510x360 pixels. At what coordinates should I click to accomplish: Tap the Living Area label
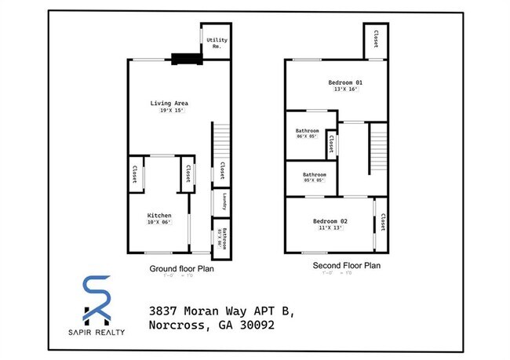(x=169, y=103)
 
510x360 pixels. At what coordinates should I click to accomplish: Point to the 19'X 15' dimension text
(x=169, y=111)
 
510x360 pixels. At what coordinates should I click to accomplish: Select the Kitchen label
(x=159, y=216)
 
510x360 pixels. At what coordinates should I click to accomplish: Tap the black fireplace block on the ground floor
(x=187, y=56)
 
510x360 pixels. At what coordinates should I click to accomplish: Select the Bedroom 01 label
(x=345, y=82)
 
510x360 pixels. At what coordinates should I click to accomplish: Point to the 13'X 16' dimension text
(x=345, y=89)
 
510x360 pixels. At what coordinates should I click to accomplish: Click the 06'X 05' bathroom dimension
(x=308, y=136)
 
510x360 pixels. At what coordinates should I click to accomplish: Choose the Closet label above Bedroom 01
(x=376, y=38)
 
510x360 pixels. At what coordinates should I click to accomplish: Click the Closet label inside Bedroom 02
(x=382, y=223)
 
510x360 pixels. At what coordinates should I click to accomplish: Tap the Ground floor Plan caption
(x=182, y=268)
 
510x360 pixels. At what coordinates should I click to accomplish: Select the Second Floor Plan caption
(x=346, y=266)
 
